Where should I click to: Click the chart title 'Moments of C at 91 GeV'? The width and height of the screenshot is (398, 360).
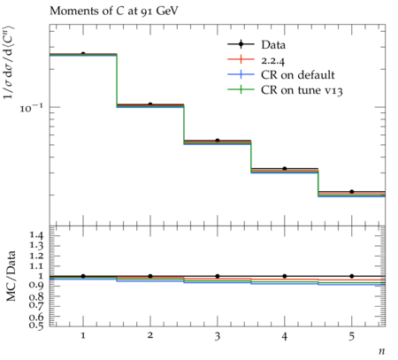click(x=114, y=11)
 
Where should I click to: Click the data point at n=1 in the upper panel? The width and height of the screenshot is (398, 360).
click(x=83, y=54)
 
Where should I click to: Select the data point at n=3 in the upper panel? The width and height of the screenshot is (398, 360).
click(x=218, y=141)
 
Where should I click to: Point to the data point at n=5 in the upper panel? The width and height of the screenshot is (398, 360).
click(x=352, y=192)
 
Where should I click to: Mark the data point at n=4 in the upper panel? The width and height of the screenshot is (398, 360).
click(x=285, y=169)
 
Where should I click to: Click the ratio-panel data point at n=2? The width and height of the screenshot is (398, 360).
click(x=150, y=276)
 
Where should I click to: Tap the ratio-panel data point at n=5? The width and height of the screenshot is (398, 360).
click(x=352, y=276)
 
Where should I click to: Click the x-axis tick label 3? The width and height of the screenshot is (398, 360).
click(x=218, y=336)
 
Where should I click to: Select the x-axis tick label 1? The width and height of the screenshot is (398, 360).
click(x=83, y=336)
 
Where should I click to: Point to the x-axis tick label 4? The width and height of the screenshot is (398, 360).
click(x=285, y=336)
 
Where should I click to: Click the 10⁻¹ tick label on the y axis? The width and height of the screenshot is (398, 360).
click(x=31, y=108)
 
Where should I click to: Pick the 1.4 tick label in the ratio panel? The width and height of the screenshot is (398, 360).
click(x=35, y=235)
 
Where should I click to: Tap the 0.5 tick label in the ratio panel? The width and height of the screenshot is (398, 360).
click(x=35, y=326)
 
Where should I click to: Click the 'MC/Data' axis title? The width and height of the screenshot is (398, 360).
click(x=11, y=276)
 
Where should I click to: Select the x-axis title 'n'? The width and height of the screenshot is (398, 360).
click(x=382, y=351)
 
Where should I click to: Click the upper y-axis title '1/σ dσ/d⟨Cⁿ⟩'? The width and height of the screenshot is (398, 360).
click(x=9, y=63)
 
